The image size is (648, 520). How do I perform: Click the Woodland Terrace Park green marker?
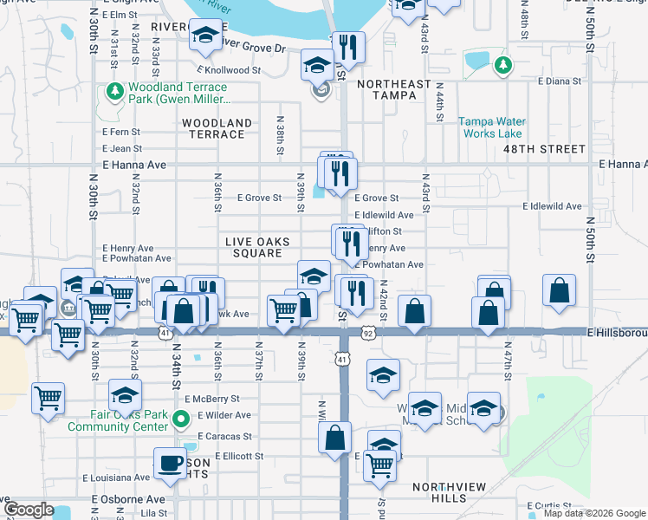tap(113, 91)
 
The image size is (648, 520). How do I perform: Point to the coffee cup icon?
tap(170, 462)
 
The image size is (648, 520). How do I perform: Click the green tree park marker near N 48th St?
tap(502, 65)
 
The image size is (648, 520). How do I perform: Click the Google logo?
tap(29, 510)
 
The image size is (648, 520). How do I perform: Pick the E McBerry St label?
tap(211, 399)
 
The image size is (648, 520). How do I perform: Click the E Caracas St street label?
tap(224, 437)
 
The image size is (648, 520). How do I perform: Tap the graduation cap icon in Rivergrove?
tap(205, 36)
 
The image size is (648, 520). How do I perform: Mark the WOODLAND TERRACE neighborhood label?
tap(217, 129)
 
